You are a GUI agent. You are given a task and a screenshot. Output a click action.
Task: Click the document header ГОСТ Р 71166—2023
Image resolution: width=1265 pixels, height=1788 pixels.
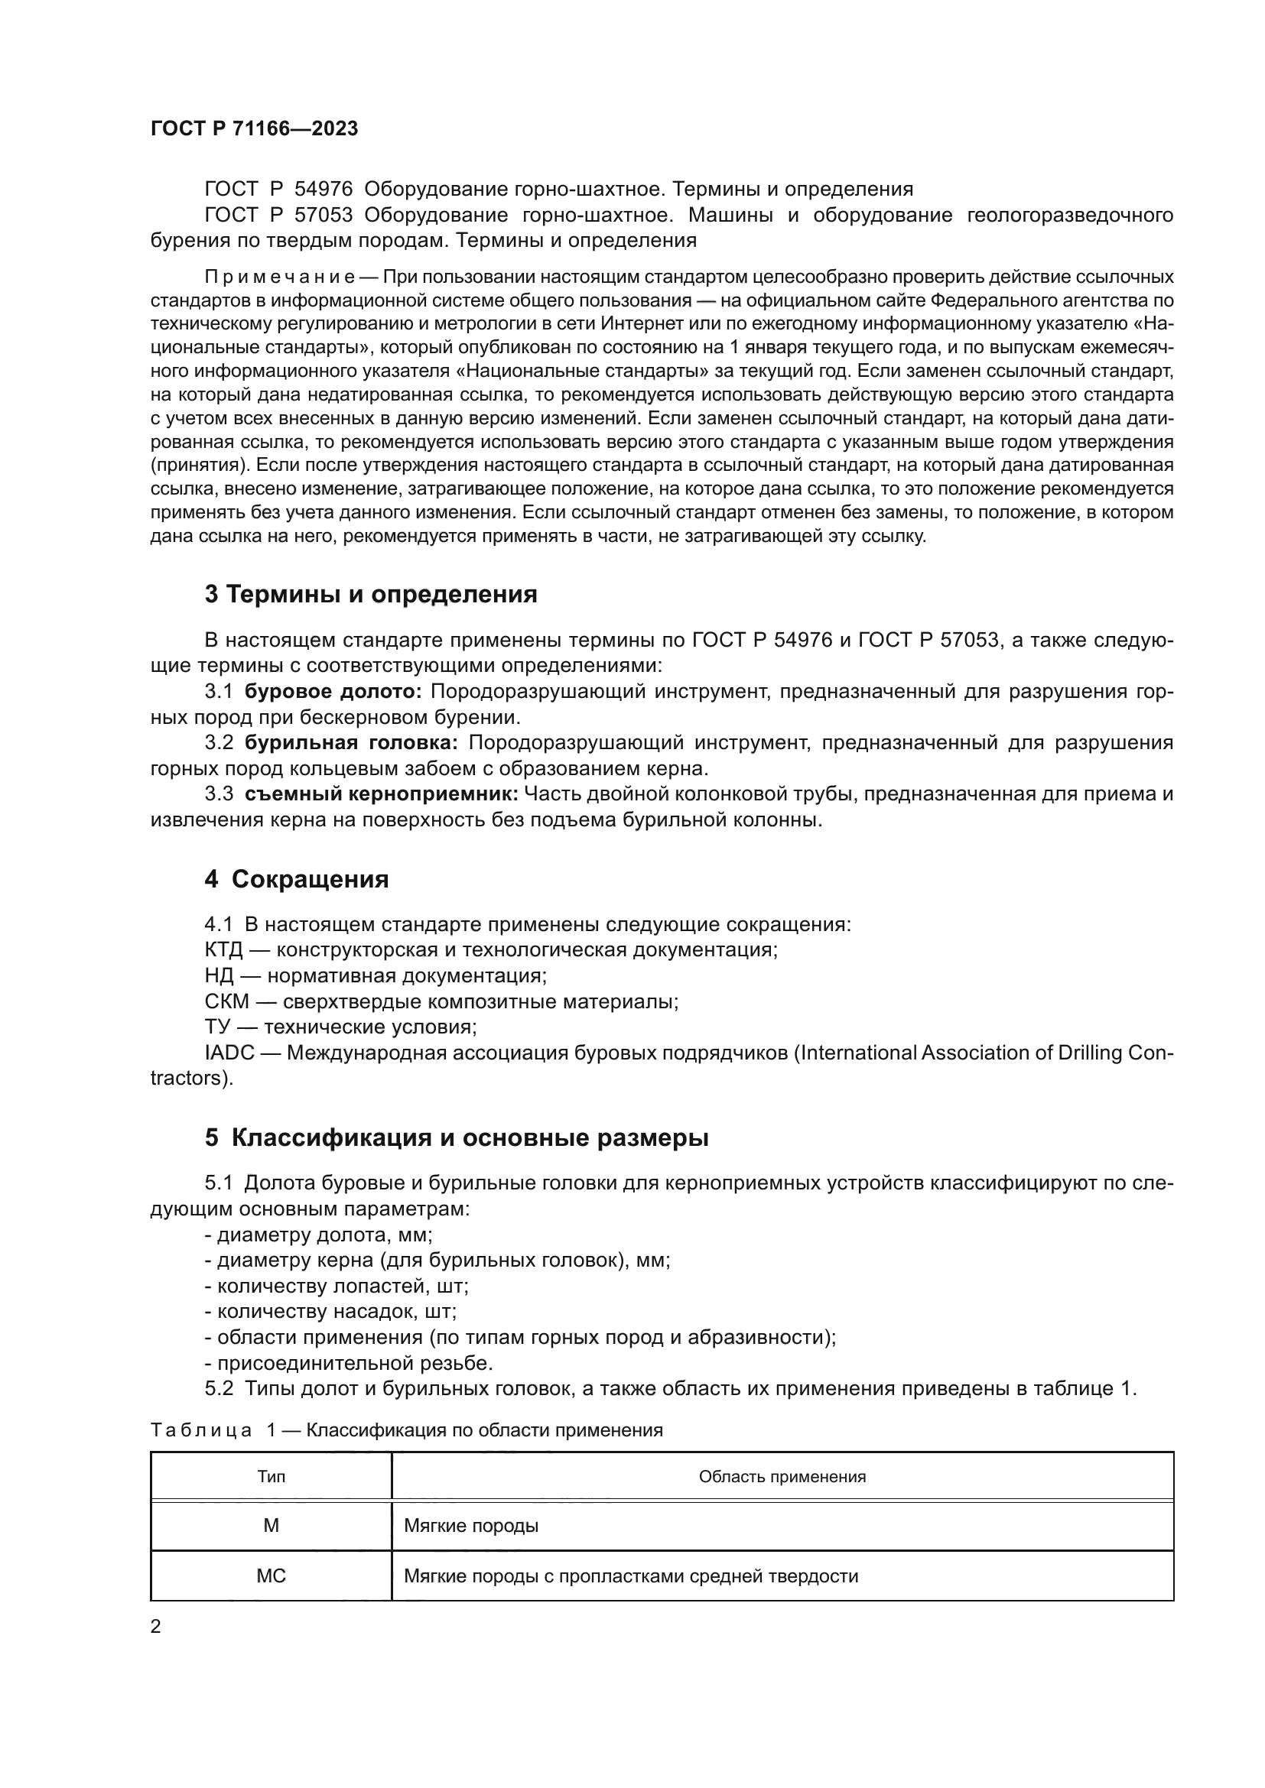point(254,128)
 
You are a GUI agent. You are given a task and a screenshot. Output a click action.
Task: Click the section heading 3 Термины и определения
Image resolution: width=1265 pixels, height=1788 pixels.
point(371,594)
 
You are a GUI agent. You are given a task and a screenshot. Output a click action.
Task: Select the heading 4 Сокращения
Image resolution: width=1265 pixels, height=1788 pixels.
point(296,879)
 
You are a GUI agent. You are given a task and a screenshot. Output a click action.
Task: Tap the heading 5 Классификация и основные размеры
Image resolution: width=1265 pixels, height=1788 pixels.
point(457,1137)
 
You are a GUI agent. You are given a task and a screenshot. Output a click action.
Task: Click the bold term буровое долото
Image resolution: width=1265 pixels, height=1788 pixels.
point(333,692)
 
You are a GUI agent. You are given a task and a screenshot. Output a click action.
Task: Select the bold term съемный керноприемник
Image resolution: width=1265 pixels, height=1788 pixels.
point(382,793)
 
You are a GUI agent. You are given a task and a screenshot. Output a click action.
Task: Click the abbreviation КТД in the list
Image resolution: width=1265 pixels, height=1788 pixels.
point(223,950)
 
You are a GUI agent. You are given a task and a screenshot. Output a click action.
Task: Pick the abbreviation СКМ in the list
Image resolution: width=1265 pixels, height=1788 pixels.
point(226,1001)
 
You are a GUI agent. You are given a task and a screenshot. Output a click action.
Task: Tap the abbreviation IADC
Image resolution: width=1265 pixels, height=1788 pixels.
point(229,1053)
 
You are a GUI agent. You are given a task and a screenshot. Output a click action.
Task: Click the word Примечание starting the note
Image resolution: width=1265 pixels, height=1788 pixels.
point(280,277)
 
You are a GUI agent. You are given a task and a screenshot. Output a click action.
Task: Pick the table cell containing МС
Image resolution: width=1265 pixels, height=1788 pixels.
point(271,1576)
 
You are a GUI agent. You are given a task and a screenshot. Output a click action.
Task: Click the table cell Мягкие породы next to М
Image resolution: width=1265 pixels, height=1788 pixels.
point(471,1526)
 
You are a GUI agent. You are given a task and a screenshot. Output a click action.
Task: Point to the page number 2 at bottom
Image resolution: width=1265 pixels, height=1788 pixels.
point(156,1627)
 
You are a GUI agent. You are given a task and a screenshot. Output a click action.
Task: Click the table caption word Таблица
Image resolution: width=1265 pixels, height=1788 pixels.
point(201,1429)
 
